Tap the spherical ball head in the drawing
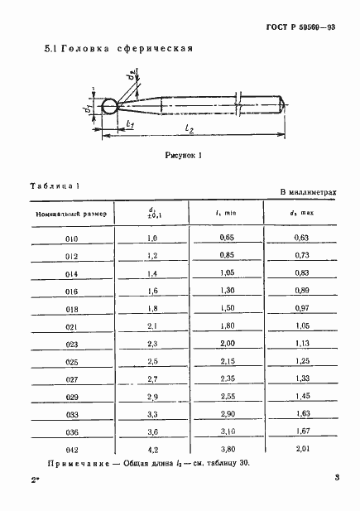tap(108, 107)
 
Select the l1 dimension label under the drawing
tap(131, 124)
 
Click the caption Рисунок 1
tap(184, 155)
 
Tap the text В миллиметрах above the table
tap(308, 192)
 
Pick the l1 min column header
tap(226, 215)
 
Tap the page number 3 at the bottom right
tap(337, 479)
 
